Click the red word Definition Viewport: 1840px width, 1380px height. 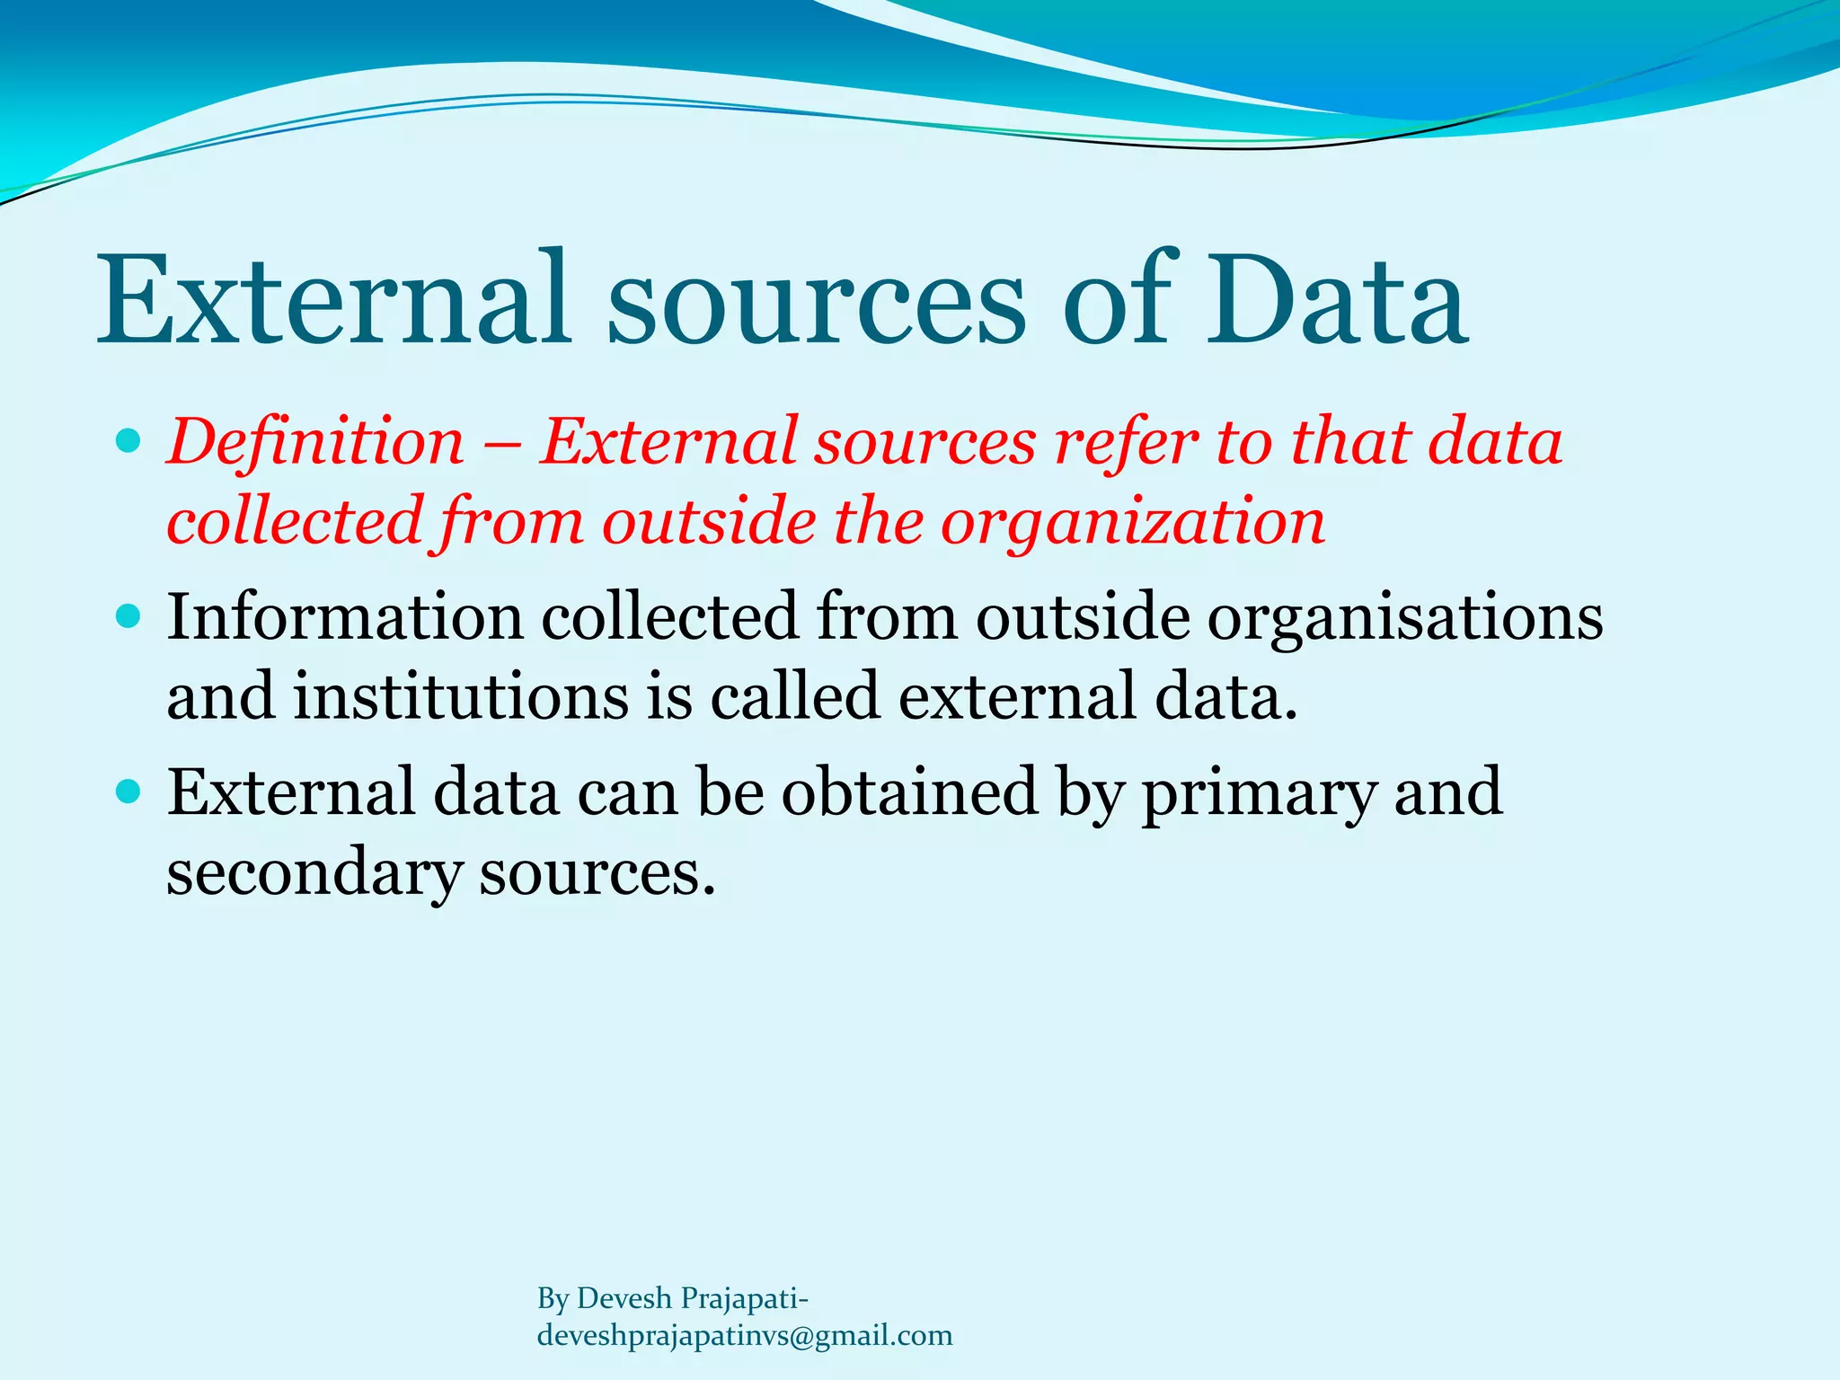point(315,442)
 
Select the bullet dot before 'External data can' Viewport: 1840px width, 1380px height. point(129,792)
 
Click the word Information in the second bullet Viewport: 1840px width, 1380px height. point(345,617)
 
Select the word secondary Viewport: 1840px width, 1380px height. point(314,873)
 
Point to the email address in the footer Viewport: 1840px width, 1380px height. point(744,1335)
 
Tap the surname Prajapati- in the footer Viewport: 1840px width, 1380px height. point(745,1298)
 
